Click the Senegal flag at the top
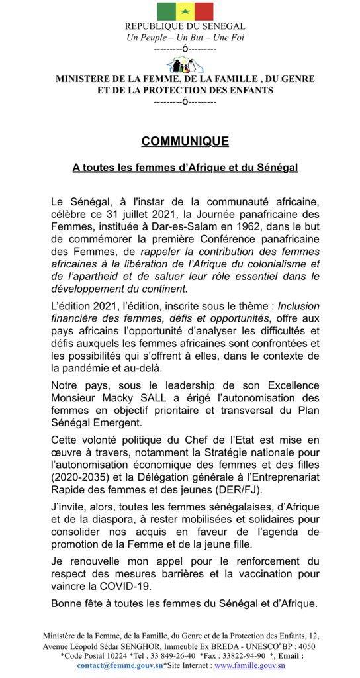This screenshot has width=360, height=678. point(185,11)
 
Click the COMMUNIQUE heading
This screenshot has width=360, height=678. point(185,141)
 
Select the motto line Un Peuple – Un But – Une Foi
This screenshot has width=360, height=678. point(185,36)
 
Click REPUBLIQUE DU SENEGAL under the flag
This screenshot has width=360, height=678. point(185,26)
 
